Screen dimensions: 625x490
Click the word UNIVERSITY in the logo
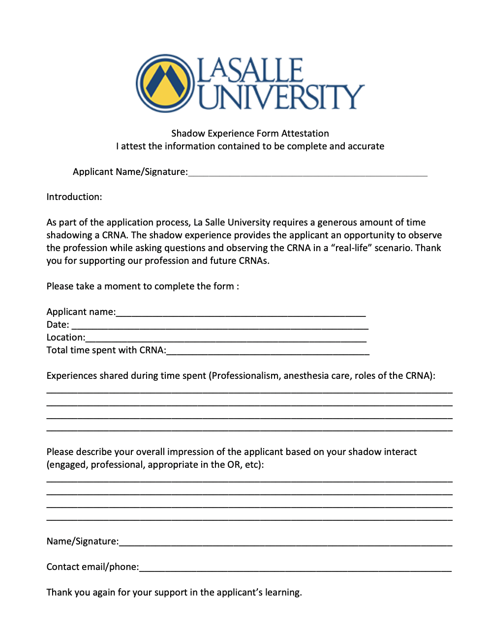(281, 97)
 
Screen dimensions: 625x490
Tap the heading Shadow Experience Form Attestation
(250, 134)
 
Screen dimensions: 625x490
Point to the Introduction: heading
(74, 197)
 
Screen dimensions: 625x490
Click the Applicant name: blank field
(241, 313)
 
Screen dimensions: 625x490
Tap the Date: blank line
(220, 326)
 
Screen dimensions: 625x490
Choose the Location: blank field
(226, 339)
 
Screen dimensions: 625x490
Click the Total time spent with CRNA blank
(268, 351)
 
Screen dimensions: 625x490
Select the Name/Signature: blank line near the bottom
(285, 543)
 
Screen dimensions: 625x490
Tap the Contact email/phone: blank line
(295, 568)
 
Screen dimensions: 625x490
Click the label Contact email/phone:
(92, 567)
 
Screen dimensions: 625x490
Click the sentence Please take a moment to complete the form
(143, 286)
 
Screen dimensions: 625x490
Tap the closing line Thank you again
(174, 593)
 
